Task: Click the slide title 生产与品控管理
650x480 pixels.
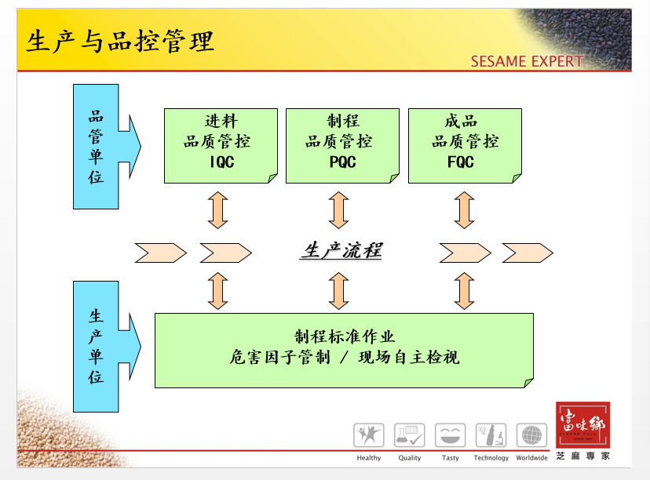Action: coord(120,42)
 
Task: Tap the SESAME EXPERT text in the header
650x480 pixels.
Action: coord(526,61)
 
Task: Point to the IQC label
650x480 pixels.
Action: coord(221,162)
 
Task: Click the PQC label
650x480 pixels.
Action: coord(342,162)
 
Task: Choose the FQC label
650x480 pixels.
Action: coord(461,162)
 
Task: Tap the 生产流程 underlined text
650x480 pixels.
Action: coord(341,251)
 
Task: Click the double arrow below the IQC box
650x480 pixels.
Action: coord(217,210)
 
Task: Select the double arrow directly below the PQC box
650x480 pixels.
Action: coord(339,210)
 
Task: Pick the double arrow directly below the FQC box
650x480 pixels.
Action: coord(464,210)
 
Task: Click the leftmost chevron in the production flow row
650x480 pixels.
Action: coord(160,253)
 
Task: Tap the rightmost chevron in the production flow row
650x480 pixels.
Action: coord(527,253)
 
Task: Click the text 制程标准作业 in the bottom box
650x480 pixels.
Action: coord(345,337)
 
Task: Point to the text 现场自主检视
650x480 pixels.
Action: coord(408,358)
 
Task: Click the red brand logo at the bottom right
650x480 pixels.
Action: coord(582,425)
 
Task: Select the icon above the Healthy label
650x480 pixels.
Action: coord(368,435)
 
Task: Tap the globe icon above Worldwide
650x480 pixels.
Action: coord(531,435)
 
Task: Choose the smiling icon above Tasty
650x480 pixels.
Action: coord(450,435)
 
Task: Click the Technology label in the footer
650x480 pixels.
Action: coord(491,458)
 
